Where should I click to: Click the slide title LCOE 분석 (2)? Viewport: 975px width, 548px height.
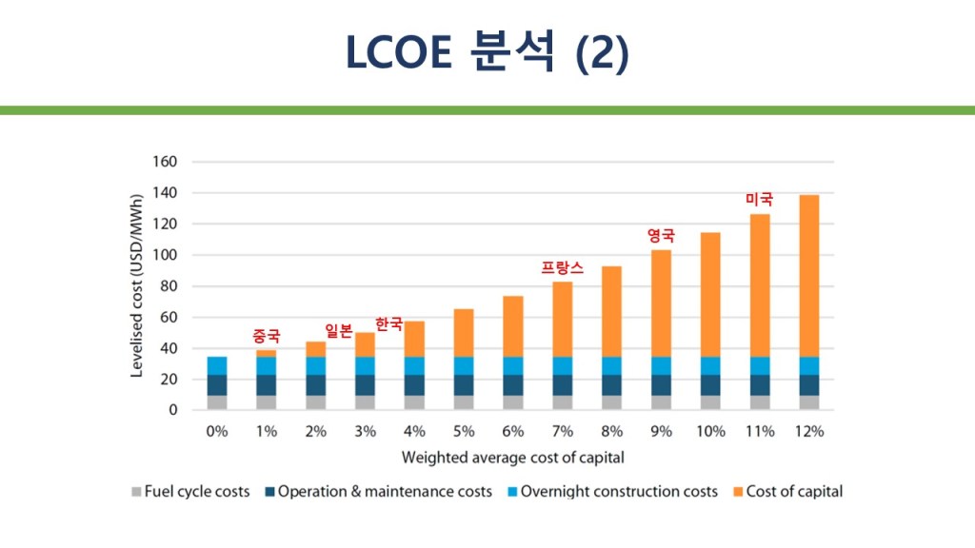[487, 53]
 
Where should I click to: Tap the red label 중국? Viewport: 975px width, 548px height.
[267, 336]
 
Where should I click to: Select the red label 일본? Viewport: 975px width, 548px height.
[339, 330]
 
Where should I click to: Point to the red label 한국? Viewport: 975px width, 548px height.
[388, 324]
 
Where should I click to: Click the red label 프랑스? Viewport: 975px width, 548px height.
[562, 268]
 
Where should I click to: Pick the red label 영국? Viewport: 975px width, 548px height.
[661, 235]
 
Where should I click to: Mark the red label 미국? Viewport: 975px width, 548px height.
[759, 199]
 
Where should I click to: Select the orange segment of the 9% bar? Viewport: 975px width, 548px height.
[661, 303]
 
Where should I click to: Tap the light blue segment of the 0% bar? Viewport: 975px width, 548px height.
[217, 366]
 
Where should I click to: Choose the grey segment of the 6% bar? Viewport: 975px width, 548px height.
[513, 402]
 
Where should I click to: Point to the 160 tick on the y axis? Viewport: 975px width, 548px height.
[165, 162]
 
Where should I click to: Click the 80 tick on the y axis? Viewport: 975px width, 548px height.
[169, 286]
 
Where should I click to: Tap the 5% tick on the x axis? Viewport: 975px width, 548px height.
[464, 431]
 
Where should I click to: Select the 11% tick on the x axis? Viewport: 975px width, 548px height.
[760, 431]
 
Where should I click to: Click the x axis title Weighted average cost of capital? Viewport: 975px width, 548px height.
[512, 458]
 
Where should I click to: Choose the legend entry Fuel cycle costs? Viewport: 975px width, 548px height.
[190, 492]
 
